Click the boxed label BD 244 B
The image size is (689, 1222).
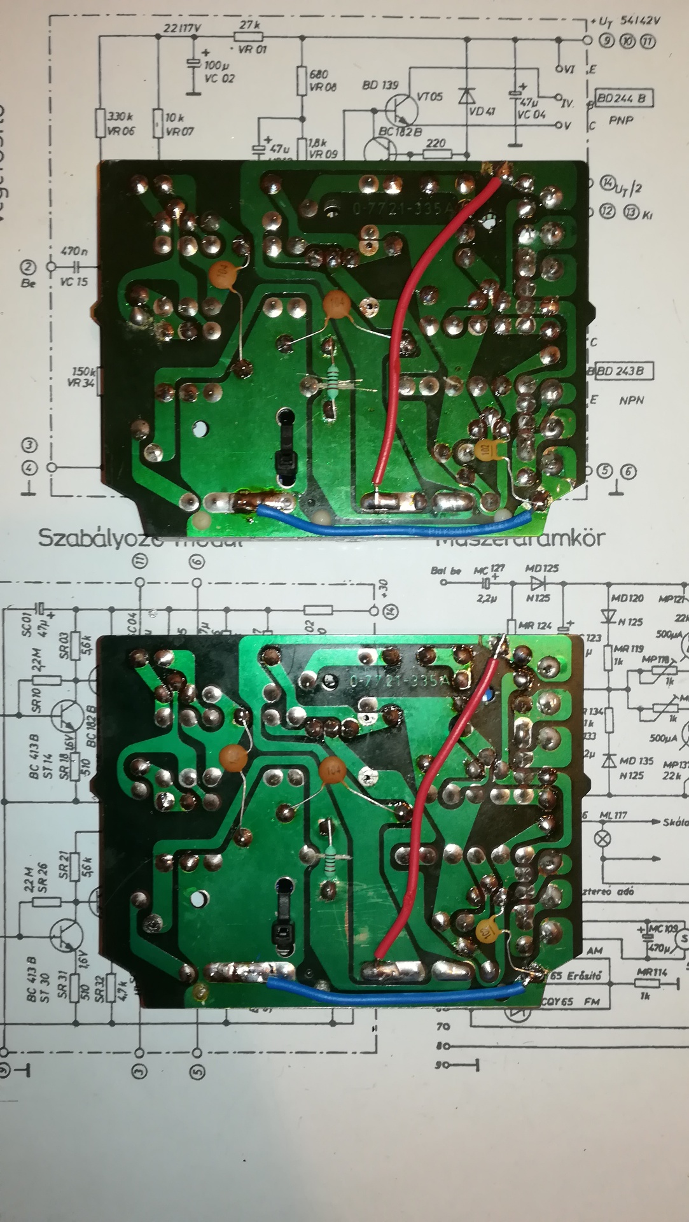tap(625, 98)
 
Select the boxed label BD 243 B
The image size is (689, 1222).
tap(624, 370)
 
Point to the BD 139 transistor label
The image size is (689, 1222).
tap(380, 85)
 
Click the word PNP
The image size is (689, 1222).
tap(621, 120)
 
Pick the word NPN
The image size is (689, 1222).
tap(631, 400)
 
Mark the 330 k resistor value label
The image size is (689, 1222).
tap(119, 118)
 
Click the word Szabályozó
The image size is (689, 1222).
tap(83, 538)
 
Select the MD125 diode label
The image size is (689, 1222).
tap(542, 568)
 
